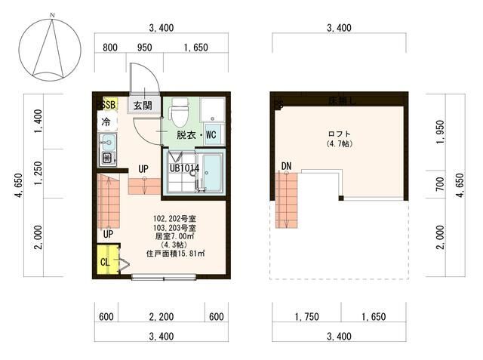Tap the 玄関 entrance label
coord(143,106)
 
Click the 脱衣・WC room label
coord(197,135)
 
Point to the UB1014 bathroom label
coord(184,168)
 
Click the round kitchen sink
coord(106,142)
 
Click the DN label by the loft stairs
coord(287,166)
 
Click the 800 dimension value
coord(110,47)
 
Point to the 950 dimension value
coord(145,47)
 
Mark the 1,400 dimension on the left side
coord(38,119)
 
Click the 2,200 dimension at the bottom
coord(162,317)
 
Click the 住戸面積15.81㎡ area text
coord(176,254)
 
